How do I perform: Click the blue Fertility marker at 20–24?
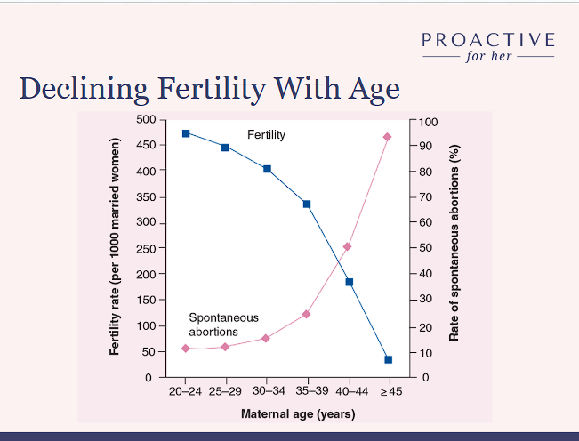186,133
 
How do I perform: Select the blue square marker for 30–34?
267,169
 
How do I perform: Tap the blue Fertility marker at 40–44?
349,282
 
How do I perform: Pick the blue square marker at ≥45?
389,359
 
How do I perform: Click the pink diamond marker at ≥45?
388,137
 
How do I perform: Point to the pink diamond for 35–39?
307,314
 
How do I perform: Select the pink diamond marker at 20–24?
186,349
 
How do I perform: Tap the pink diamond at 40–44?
348,246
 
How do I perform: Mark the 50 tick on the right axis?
427,248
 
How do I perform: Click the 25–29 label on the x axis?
226,391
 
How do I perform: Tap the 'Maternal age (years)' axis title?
298,413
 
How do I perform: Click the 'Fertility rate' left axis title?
115,248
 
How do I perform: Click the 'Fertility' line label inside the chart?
266,134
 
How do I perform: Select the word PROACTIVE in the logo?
488,40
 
